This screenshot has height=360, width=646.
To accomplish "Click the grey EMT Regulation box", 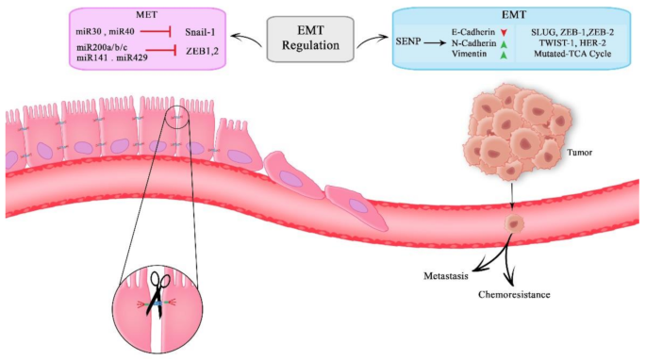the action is coord(310,39).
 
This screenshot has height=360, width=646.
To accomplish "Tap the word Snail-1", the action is coord(200,32).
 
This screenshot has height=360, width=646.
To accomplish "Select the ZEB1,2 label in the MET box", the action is coord(202,51).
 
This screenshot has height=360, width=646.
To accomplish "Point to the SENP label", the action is coord(407,41).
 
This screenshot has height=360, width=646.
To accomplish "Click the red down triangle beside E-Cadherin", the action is coord(503,33).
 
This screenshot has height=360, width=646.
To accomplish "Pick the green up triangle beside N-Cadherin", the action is coord(503,44).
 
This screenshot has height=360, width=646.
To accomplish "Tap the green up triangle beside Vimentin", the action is coord(503,55).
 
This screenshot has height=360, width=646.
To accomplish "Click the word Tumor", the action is coord(579,153).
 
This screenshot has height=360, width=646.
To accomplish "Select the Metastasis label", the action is coord(446,276).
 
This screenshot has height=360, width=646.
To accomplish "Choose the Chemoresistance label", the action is coord(514,295).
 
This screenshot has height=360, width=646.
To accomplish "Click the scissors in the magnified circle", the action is coord(157,294).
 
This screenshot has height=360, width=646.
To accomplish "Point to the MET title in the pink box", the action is coord(147,15).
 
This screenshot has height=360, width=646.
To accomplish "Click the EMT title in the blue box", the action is coord(514,15).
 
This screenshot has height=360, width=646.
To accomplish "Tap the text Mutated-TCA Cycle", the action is coord(572,54).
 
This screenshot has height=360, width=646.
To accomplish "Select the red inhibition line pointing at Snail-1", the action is coord(156,31).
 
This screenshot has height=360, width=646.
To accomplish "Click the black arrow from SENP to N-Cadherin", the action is coord(435,42).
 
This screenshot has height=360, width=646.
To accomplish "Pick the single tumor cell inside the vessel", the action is coord(515,223).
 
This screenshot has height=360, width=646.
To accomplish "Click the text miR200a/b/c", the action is coord(102,47).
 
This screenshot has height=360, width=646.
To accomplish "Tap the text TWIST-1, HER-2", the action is coord(572,42).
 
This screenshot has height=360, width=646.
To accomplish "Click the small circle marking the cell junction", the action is coord(177,117).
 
